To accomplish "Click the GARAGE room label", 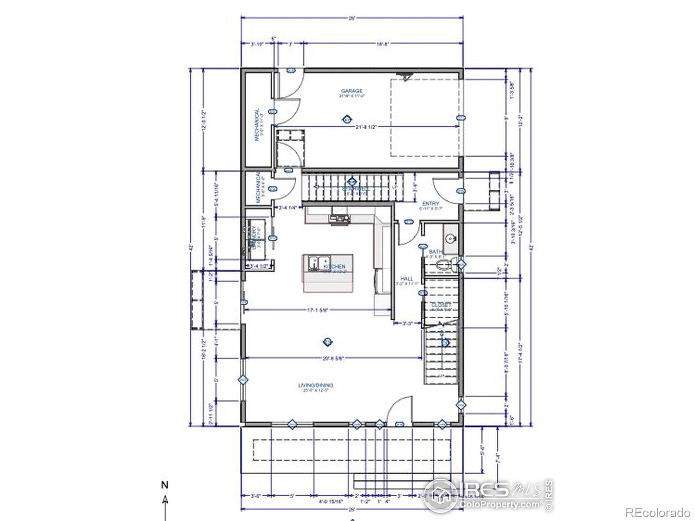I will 351,91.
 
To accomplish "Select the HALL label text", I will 407,279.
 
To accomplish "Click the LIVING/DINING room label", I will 316,385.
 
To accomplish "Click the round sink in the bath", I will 450,238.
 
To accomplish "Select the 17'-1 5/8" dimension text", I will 317,310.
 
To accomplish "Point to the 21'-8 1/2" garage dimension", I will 365,127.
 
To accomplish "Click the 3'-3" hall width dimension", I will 407,323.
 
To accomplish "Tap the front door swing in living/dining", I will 399,410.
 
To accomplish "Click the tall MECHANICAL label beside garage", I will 257,125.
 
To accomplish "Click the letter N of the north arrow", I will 165,485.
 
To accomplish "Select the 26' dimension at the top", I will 352,18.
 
